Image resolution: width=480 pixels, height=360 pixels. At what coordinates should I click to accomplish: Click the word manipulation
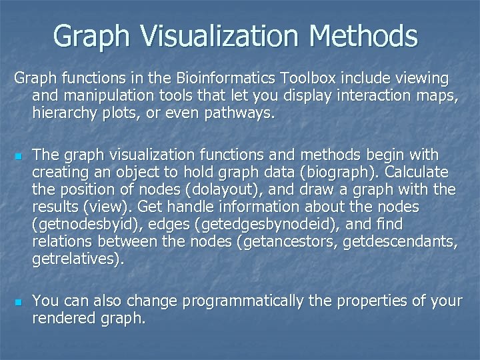111,97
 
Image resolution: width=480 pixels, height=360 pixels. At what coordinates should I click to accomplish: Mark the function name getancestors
288,242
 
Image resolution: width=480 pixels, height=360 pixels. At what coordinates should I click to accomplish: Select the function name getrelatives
75,259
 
